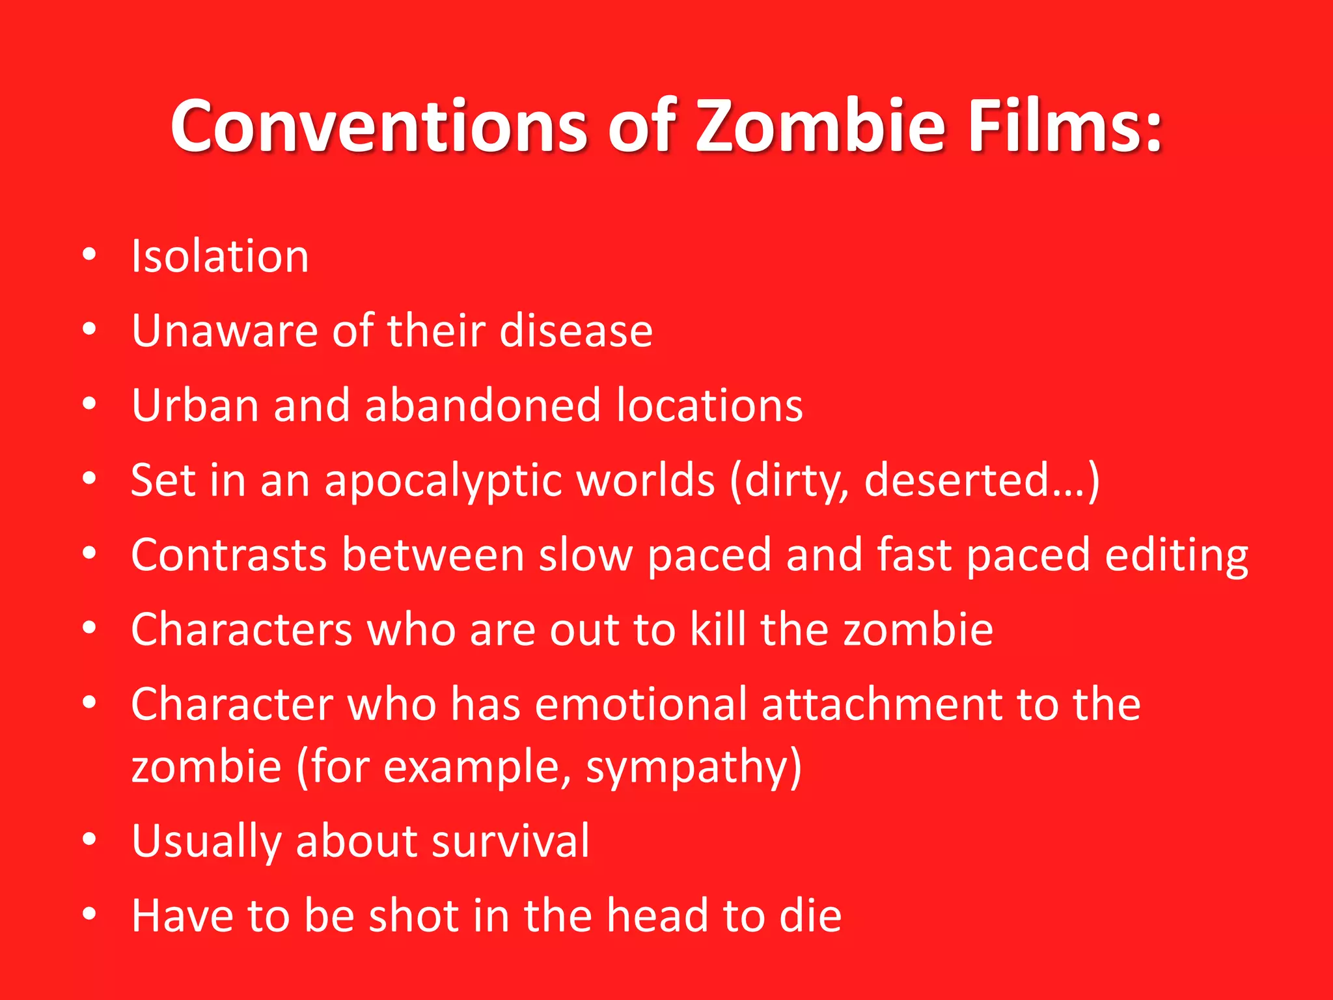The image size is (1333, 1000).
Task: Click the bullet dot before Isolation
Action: [90, 255]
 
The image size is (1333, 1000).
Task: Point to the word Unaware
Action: [225, 331]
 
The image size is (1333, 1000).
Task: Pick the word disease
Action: [576, 331]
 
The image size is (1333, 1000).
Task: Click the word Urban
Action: [195, 406]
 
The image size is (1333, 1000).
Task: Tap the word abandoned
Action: [482, 406]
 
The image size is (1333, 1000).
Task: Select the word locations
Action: [709, 406]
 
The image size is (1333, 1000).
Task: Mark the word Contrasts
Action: [228, 555]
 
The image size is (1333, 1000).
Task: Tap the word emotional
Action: [641, 704]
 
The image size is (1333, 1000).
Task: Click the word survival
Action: [510, 840]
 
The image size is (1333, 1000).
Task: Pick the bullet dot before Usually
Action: [90, 839]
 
